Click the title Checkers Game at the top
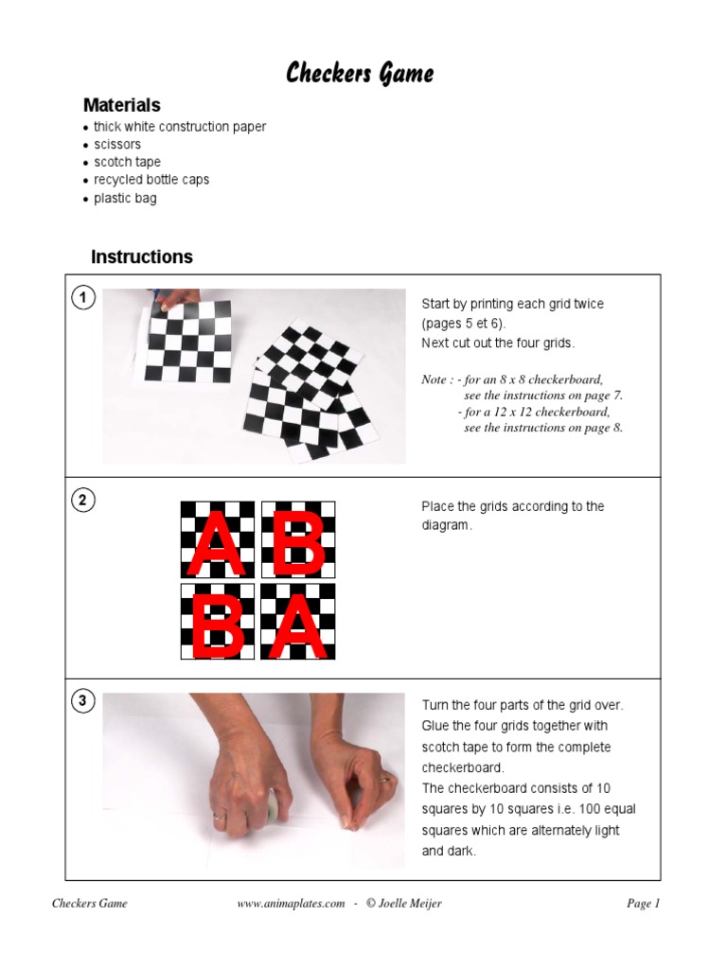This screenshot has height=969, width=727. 360,73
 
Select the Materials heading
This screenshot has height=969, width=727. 121,105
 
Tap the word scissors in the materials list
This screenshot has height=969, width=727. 116,145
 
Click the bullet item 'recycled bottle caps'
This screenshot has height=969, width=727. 151,180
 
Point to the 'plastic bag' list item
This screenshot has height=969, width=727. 125,199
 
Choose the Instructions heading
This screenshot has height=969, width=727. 141,256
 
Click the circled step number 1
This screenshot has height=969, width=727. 83,299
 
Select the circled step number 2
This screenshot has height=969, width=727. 83,501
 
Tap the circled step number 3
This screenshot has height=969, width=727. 83,701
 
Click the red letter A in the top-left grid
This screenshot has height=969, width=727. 218,541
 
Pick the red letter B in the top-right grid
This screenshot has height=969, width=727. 298,541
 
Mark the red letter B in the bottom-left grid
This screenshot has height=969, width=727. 218,623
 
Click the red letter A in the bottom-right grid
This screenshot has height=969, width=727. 298,623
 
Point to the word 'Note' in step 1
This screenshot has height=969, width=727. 434,379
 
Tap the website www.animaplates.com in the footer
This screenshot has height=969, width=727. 291,904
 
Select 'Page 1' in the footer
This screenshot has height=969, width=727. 643,904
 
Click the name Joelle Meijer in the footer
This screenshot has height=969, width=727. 410,904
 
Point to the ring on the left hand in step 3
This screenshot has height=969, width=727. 220,815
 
